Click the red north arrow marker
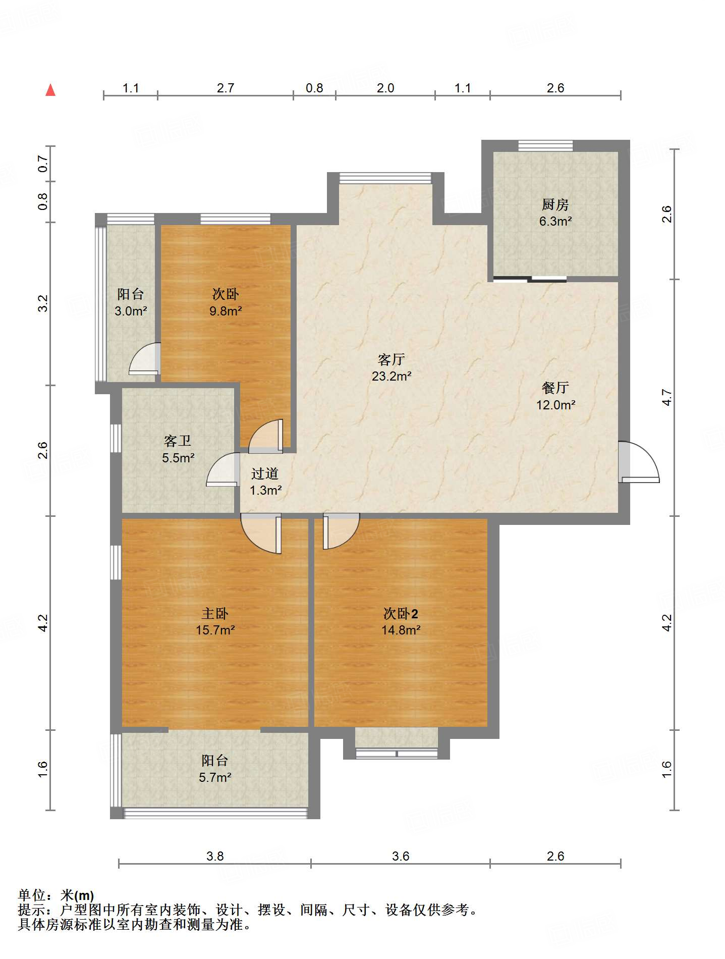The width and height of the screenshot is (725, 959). [x=50, y=90]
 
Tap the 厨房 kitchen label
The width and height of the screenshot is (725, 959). [x=555, y=204]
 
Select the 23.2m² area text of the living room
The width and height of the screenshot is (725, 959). [x=392, y=376]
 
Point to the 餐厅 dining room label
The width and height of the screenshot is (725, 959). [x=555, y=388]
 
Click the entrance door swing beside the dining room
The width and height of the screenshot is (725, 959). [x=639, y=462]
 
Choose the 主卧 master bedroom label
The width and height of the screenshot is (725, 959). [x=215, y=613]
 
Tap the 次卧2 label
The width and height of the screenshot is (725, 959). [x=401, y=613]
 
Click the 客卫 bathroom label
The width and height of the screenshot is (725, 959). [x=178, y=441]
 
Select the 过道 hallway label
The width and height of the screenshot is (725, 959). [x=265, y=473]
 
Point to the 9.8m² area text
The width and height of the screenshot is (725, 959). [x=226, y=311]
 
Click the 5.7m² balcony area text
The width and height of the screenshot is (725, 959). [x=215, y=777]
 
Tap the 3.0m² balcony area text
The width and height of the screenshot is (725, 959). [x=131, y=311]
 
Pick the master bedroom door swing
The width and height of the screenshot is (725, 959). [x=261, y=534]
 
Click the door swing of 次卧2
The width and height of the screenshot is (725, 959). [x=341, y=531]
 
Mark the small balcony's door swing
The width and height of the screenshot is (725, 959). [x=144, y=359]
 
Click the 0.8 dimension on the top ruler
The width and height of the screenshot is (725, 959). [x=314, y=88]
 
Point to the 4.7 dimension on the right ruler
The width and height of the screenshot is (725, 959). [x=667, y=397]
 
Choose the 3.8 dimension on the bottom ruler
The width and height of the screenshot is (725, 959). [x=215, y=856]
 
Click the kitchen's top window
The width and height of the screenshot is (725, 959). [x=546, y=146]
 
